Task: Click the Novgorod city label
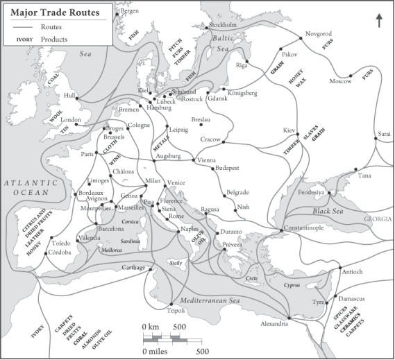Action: (320, 33)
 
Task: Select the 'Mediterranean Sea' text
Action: (210, 299)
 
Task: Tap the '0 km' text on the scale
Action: (149, 326)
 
